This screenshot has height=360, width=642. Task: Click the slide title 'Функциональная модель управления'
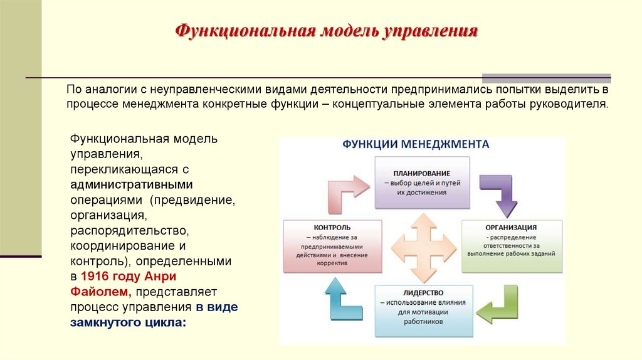(326, 31)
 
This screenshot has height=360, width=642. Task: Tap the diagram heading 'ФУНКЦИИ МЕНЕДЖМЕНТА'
(415, 145)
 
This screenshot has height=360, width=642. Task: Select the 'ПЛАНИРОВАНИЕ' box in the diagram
(422, 183)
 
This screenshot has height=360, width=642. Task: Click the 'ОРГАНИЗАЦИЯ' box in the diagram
(510, 245)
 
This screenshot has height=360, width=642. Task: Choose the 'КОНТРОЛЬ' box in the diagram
(332, 245)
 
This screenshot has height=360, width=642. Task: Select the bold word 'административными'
(131, 185)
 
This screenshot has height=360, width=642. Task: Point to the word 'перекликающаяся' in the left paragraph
(120, 170)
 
